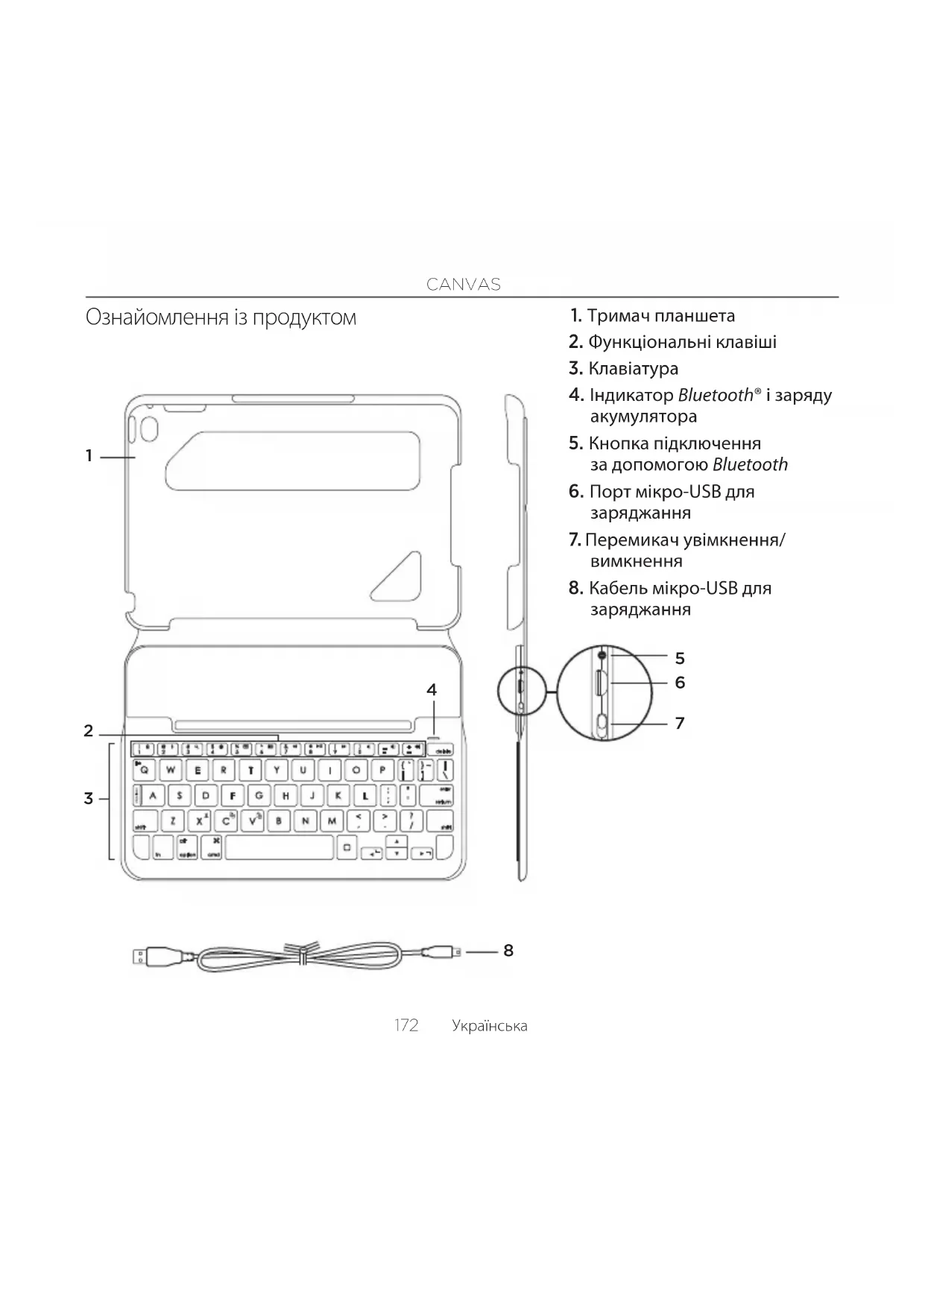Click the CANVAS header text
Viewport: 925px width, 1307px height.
[x=463, y=284]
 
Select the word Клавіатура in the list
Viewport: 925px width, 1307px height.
[x=633, y=368]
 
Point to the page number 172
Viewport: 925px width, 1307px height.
[x=406, y=1025]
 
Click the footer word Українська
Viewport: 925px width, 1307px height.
[x=489, y=1026]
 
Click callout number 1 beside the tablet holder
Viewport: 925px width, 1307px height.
[x=89, y=455]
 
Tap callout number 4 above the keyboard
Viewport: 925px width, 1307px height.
[x=432, y=690]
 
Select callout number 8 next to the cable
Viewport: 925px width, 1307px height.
[x=508, y=950]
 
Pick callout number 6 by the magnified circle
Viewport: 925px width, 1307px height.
[x=680, y=683]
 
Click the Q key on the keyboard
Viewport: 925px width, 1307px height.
[x=145, y=770]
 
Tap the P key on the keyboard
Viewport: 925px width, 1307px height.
[x=382, y=770]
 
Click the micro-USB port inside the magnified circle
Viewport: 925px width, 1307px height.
[x=600, y=683]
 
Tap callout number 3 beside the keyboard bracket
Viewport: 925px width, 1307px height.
[x=89, y=799]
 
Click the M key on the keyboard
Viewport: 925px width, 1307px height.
[x=331, y=821]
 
